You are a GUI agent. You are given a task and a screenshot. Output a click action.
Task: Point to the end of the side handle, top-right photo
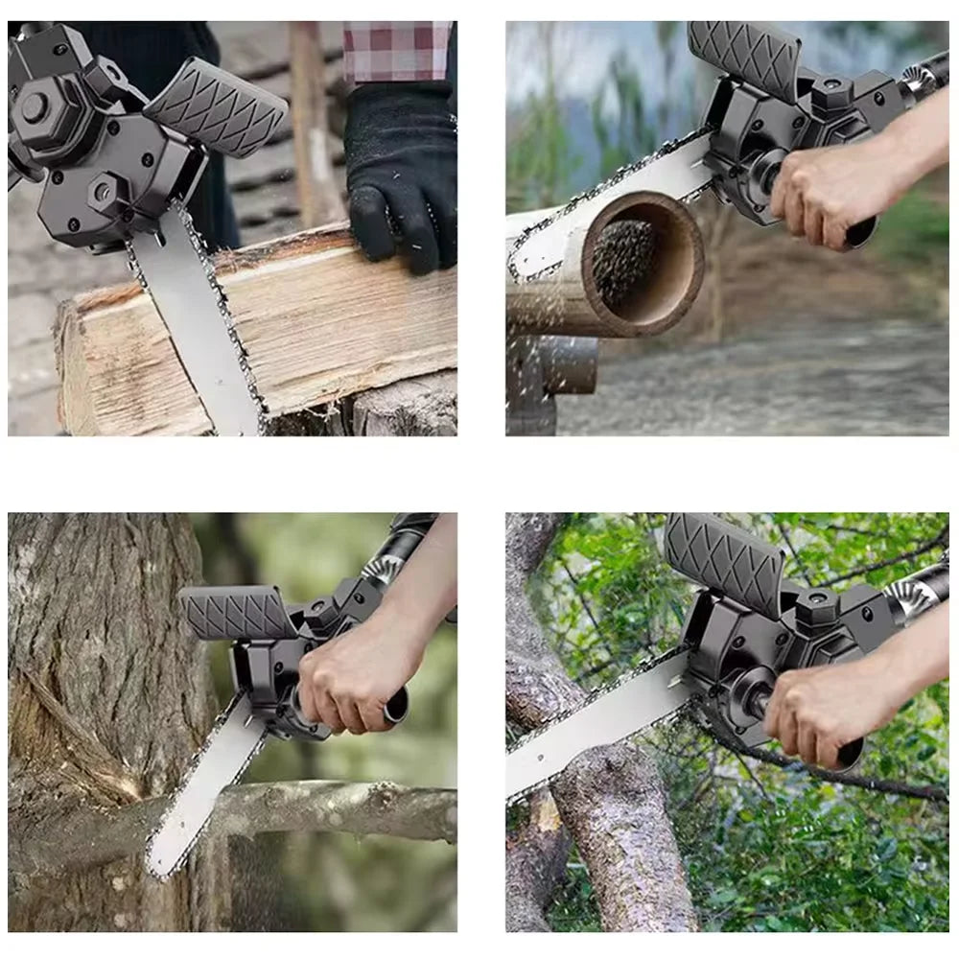click(860, 232)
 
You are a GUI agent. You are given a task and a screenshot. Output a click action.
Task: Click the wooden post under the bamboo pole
click(532, 384)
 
